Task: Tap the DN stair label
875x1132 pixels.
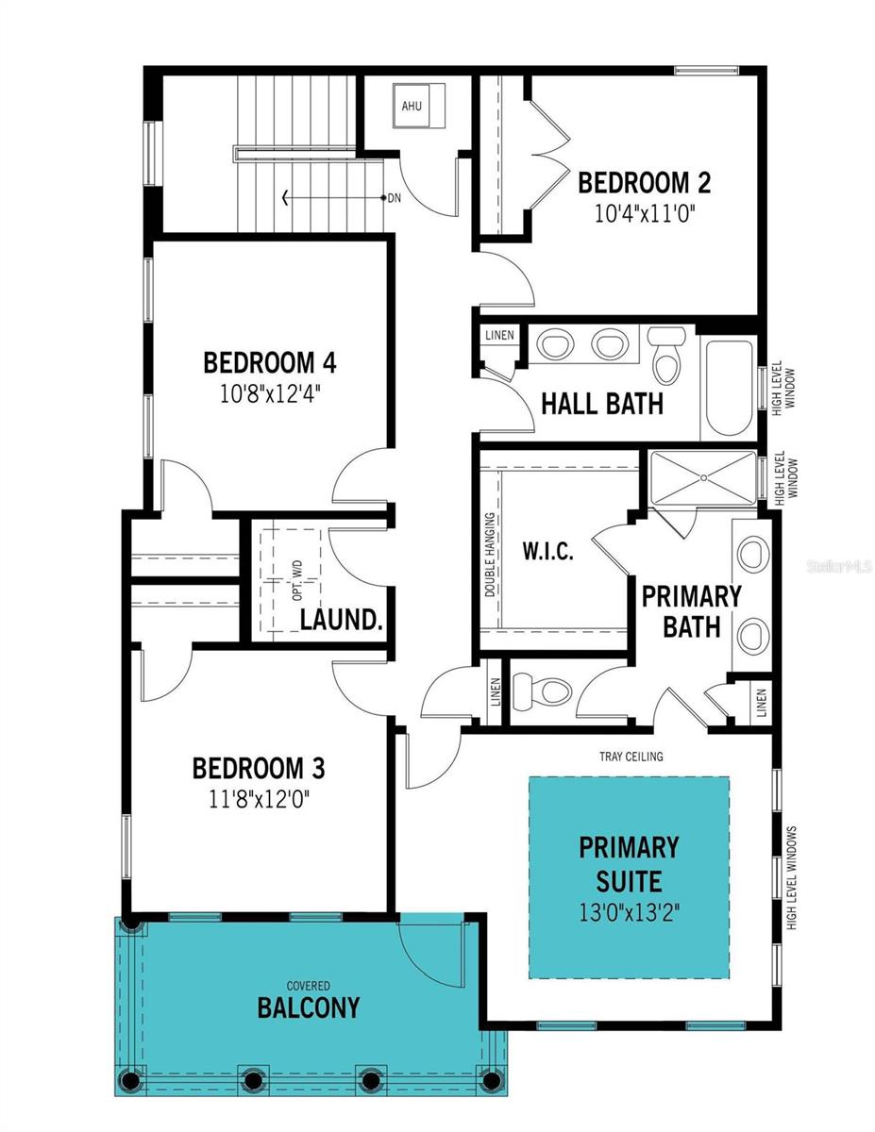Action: (395, 198)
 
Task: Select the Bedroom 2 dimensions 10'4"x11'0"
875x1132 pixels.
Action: (646, 213)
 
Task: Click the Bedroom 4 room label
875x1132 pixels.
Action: (269, 362)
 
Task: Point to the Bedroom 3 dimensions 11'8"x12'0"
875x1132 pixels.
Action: (259, 799)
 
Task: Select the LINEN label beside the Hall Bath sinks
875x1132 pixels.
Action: (499, 335)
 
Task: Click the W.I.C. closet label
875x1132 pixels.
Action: (547, 550)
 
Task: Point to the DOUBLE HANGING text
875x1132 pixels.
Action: (489, 555)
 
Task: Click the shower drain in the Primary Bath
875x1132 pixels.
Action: (703, 477)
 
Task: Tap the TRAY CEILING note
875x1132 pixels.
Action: (631, 756)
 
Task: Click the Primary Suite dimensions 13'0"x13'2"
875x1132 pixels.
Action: (630, 912)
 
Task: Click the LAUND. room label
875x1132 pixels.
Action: (342, 620)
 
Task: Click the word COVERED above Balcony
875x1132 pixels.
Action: (309, 986)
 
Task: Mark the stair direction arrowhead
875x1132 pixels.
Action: (284, 198)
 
